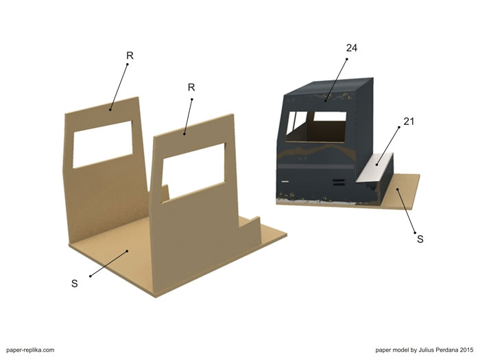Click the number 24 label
point(352,48)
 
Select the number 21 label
point(409,121)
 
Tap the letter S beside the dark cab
point(420,239)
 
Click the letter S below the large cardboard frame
point(74,283)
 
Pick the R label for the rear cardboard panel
point(130,56)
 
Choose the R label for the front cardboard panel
point(191,88)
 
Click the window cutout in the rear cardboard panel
point(103,144)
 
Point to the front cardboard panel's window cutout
point(193,171)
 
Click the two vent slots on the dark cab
point(339,182)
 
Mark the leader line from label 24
point(336,80)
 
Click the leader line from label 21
point(388,146)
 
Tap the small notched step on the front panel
point(250,222)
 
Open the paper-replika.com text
point(30,350)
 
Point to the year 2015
point(466,350)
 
